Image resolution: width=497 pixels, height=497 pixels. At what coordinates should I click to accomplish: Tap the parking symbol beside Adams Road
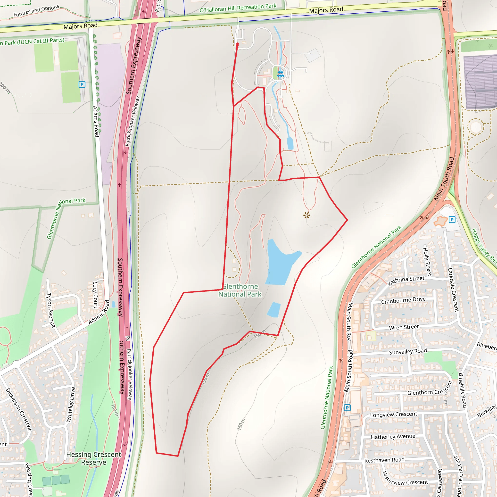pos(82,84)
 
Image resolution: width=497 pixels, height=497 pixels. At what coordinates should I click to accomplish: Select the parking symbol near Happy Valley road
pos(452,220)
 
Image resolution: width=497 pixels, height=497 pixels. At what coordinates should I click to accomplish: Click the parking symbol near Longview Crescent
pos(347,407)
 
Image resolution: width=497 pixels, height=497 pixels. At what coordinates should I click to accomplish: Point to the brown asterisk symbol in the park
pos(306,215)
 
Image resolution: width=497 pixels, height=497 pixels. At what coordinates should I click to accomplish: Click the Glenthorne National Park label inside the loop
pos(240,290)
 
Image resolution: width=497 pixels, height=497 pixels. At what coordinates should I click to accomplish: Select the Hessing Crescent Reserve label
pos(94,458)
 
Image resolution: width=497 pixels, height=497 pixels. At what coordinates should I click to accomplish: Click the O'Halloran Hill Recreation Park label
pos(238,8)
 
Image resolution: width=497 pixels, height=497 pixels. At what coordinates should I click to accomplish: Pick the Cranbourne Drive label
pos(403,300)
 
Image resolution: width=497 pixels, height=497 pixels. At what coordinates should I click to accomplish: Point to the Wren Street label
pos(404,327)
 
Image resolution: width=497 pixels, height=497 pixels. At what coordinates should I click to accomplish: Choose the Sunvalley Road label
pos(408,351)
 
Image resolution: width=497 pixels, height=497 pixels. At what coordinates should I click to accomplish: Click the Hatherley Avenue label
pos(393,437)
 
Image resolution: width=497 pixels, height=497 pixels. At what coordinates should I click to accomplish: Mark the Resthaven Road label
pos(384,460)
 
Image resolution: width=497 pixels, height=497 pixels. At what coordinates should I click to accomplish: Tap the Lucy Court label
pos(95,295)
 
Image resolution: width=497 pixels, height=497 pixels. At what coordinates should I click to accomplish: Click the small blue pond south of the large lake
pos(274,310)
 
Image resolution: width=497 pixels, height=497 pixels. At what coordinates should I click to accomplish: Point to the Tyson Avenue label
pos(50,310)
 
